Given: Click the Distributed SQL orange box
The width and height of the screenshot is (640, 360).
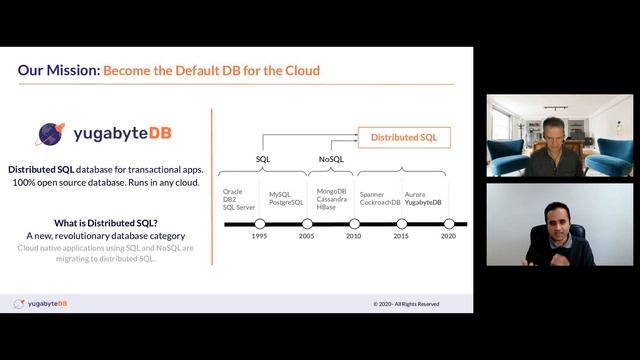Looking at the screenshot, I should (x=404, y=136).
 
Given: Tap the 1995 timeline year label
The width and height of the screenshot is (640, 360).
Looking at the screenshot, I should (x=259, y=236).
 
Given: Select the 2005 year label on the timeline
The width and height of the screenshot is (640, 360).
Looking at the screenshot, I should (x=306, y=236).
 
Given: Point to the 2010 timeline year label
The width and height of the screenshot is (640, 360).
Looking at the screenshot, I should (x=354, y=236).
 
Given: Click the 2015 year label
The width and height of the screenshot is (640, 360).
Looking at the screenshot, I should (x=401, y=236).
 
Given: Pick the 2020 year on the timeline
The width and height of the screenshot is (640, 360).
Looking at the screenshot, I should (x=448, y=236).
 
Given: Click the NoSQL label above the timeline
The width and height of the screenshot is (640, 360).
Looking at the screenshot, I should (x=331, y=159).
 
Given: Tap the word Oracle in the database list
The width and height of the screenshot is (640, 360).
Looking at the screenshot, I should (x=233, y=190).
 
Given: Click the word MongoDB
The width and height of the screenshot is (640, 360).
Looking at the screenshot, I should (x=331, y=190).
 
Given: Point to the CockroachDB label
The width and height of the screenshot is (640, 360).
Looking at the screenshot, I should (x=380, y=202).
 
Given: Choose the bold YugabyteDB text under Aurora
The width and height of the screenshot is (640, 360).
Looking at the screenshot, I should (x=425, y=202).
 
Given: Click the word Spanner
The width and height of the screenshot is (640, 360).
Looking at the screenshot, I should (x=372, y=194).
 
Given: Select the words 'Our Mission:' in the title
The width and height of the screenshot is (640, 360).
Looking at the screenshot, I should (x=58, y=71).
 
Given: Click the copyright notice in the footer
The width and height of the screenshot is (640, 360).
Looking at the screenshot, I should (x=406, y=303).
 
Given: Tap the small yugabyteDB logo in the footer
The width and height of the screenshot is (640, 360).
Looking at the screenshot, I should (x=40, y=303).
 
